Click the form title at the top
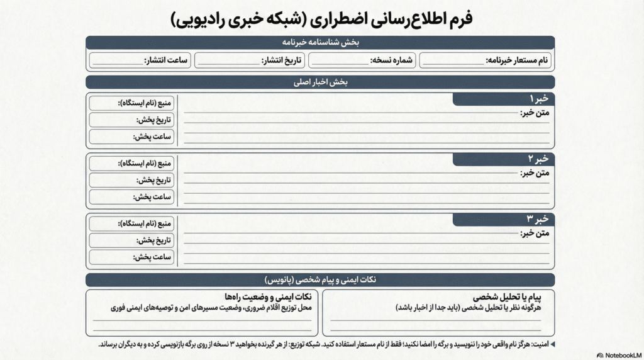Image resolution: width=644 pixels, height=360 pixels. pos(321,18)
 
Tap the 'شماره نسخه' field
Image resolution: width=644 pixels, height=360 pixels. pos(362,60)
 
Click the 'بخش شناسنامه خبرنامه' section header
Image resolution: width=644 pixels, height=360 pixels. pos(320,42)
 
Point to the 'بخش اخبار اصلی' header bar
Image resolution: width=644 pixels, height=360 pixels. pos(320,82)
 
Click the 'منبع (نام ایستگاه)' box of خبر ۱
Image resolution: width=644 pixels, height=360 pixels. pos(131,103)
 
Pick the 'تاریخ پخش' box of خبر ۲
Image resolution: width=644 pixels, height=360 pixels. pos(131,180)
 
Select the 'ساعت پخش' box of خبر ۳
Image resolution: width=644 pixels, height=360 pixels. pos(131,257)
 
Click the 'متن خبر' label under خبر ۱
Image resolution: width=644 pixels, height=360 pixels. pos(535,113)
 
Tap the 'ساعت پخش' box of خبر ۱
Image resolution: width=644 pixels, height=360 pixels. pos(131,137)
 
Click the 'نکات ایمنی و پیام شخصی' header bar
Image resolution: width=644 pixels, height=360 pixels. pos(320,279)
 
